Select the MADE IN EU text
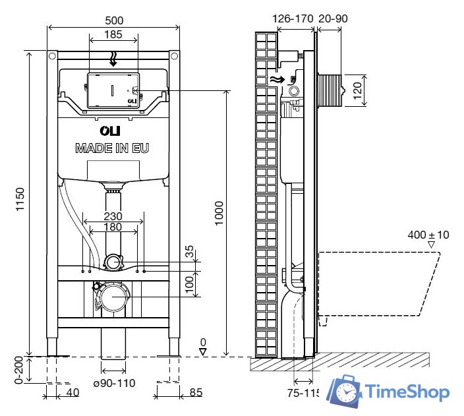[x=112, y=148]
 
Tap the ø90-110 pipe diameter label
[x=114, y=383]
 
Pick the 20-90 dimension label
[x=333, y=18]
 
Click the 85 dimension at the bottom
[x=195, y=394]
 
